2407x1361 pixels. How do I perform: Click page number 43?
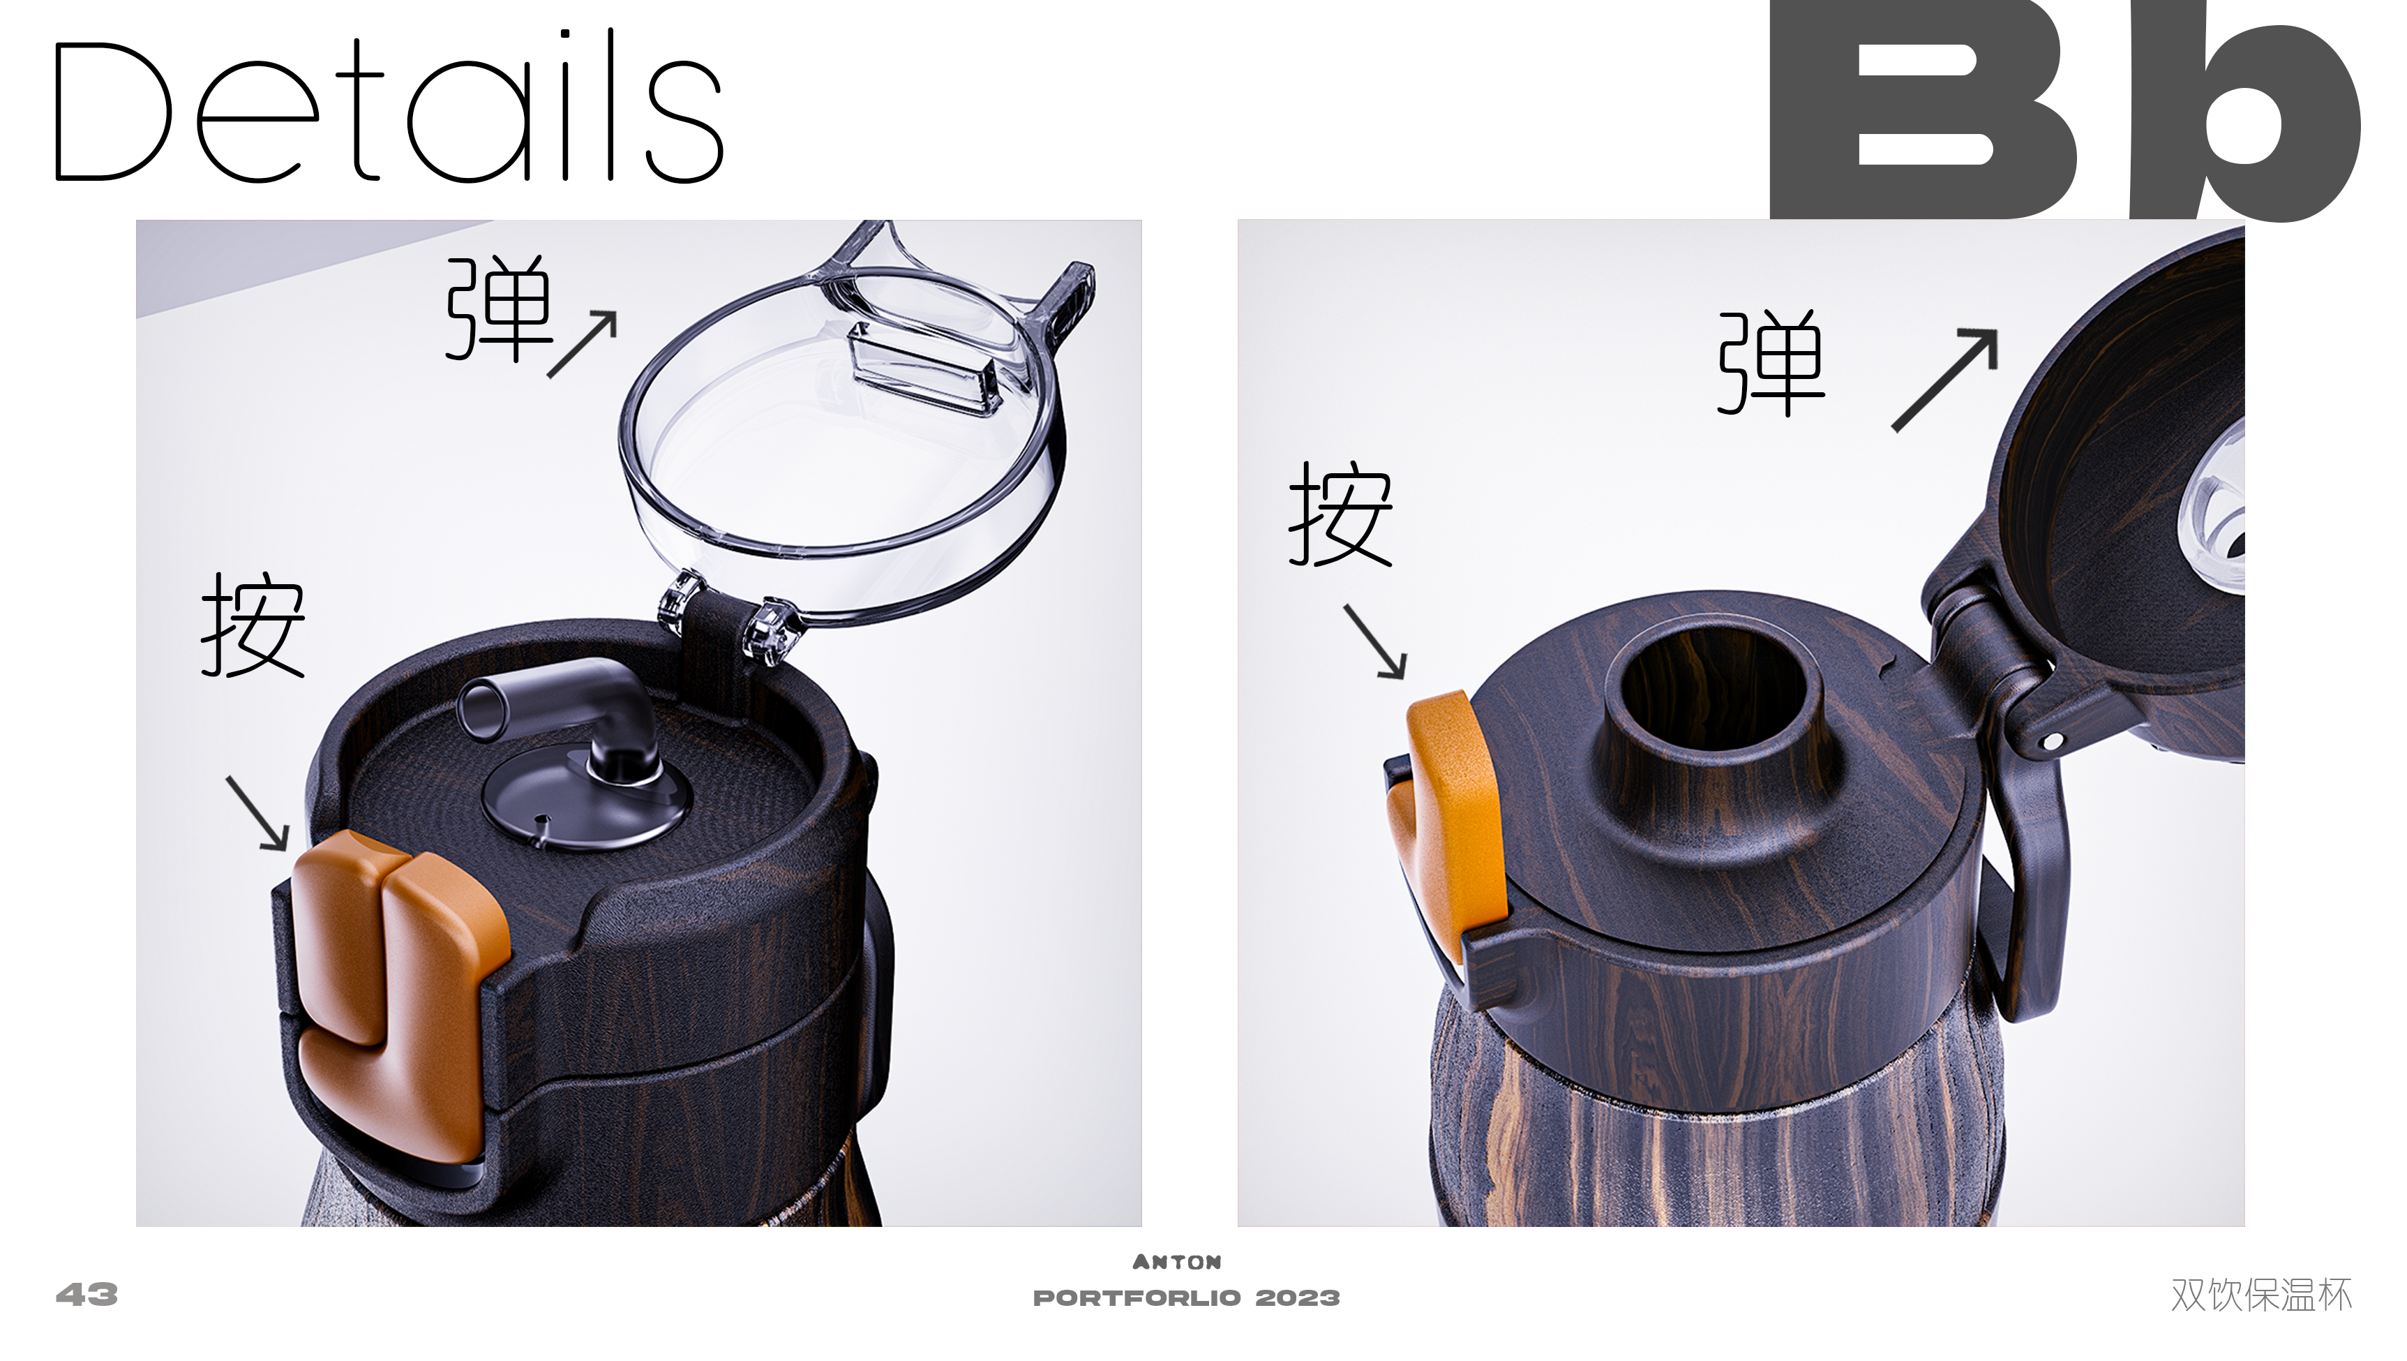pos(87,1295)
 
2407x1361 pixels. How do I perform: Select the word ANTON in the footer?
pos(1176,1262)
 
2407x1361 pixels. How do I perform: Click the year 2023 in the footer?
pos(1297,1297)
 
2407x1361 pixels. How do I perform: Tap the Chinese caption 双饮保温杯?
pos(2260,1295)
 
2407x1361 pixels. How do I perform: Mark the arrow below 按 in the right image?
pos(1375,641)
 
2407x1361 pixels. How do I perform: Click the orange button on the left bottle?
pos(397,981)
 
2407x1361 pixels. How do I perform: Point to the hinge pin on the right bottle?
pos(2052,741)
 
